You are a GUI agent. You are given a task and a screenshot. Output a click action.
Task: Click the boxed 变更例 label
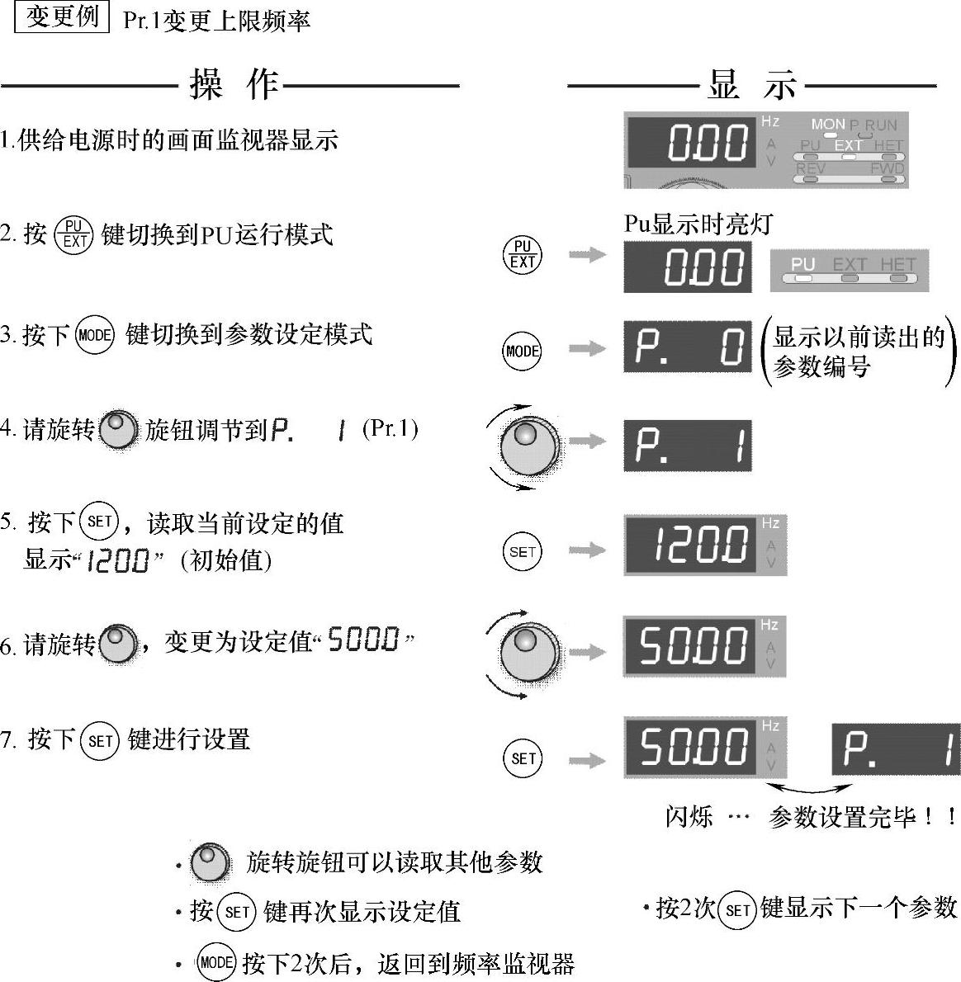click(x=63, y=17)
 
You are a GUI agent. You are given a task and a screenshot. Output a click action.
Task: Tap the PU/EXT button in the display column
click(x=523, y=254)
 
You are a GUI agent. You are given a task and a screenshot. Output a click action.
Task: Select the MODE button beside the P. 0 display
click(x=523, y=351)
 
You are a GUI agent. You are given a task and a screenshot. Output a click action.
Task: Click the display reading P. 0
click(x=688, y=347)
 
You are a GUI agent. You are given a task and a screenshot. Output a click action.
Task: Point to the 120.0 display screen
click(x=692, y=545)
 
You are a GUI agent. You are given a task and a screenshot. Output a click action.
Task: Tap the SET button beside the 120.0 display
click(x=523, y=551)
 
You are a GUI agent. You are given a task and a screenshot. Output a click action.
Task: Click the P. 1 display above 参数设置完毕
click(x=896, y=749)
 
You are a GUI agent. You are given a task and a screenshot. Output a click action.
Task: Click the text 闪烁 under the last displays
click(x=689, y=817)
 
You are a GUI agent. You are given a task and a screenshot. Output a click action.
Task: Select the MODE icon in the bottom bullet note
click(x=216, y=962)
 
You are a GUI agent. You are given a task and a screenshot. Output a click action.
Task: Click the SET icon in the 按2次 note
click(x=737, y=910)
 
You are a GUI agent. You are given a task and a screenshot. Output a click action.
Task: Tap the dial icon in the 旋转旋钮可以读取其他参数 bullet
click(x=210, y=862)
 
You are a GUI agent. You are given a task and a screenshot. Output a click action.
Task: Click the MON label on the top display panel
click(x=827, y=125)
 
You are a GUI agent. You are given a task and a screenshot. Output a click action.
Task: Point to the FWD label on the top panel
click(x=887, y=168)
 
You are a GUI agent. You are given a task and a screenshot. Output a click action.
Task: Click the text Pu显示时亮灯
click(x=698, y=224)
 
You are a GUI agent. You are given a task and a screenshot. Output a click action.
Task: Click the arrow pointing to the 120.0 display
click(x=587, y=550)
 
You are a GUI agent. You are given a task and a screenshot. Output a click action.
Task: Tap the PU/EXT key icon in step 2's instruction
click(x=74, y=234)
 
